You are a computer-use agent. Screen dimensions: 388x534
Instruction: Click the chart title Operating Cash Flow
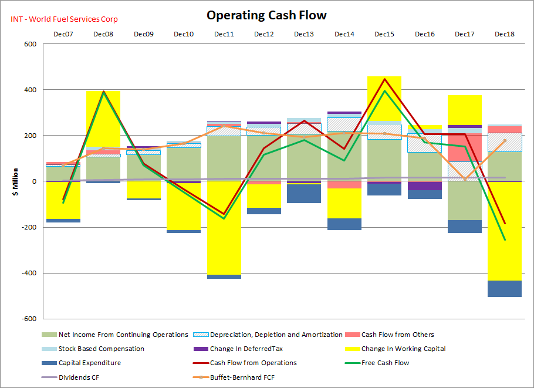click(x=266, y=15)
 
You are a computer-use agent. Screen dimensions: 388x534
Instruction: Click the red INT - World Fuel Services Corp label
click(x=64, y=19)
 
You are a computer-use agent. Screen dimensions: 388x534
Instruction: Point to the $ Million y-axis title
click(x=16, y=181)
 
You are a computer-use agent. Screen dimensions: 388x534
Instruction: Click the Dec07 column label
click(x=63, y=34)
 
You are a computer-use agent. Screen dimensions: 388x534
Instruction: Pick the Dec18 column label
click(x=504, y=34)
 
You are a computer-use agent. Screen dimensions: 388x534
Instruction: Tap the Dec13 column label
click(x=304, y=34)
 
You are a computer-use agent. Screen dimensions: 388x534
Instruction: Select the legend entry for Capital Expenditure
click(x=89, y=363)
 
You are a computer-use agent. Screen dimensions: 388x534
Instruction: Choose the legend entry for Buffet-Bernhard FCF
click(x=242, y=377)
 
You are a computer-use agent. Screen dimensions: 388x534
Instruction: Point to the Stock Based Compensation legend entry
click(x=101, y=349)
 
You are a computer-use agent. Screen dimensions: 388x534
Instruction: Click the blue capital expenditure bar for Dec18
click(x=504, y=289)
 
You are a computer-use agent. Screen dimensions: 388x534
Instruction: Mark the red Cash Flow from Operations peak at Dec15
click(x=384, y=79)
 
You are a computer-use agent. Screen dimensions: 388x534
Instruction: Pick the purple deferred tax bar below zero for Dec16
click(x=424, y=186)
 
